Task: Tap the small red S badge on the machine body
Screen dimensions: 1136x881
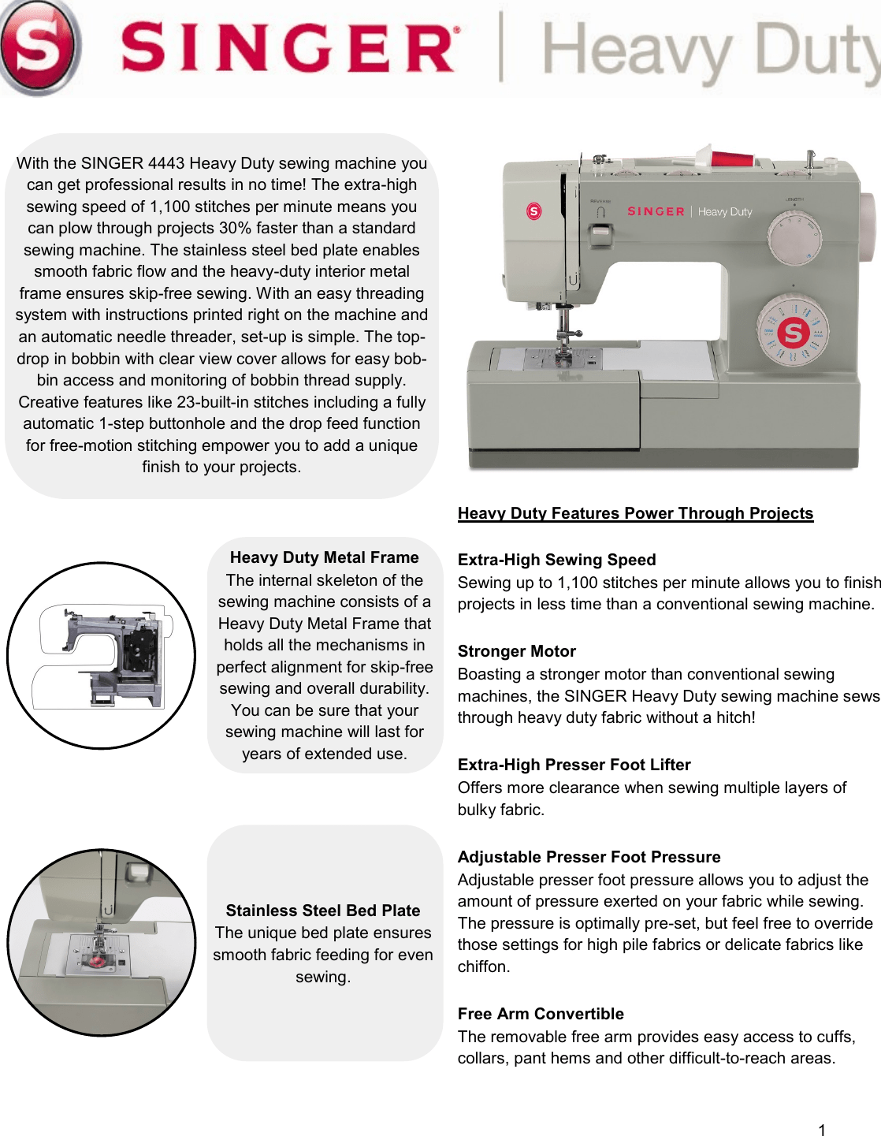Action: pyautogui.click(x=534, y=211)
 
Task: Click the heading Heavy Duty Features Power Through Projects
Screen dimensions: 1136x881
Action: pyautogui.click(x=635, y=513)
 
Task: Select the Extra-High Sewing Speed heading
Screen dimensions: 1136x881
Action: pyautogui.click(x=556, y=560)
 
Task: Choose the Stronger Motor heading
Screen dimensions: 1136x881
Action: pyautogui.click(x=516, y=651)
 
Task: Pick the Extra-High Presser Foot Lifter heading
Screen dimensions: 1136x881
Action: pyautogui.click(x=574, y=765)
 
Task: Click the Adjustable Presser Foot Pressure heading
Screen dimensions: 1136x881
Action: pyautogui.click(x=589, y=857)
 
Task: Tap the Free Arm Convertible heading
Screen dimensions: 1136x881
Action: pyautogui.click(x=541, y=1014)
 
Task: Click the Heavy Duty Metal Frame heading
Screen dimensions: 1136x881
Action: pyautogui.click(x=324, y=557)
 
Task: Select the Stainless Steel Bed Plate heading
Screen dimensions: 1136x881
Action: pyautogui.click(x=323, y=911)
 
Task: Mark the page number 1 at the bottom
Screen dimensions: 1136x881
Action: pyautogui.click(x=822, y=1130)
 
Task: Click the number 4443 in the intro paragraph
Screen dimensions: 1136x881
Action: pyautogui.click(x=166, y=163)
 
